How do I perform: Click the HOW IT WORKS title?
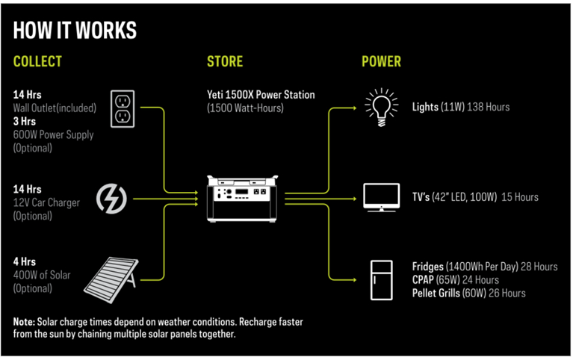coord(75,30)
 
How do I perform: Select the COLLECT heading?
coord(37,61)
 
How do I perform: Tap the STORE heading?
coord(225,61)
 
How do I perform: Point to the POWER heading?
coord(381,61)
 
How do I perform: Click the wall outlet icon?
coord(123,109)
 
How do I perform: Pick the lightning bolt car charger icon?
coord(112,198)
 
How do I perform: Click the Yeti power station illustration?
coord(245,197)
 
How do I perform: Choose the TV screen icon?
coord(381,197)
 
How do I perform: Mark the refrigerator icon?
coord(381,279)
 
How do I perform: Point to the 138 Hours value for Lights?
coord(488,107)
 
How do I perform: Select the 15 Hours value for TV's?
coord(520,197)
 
